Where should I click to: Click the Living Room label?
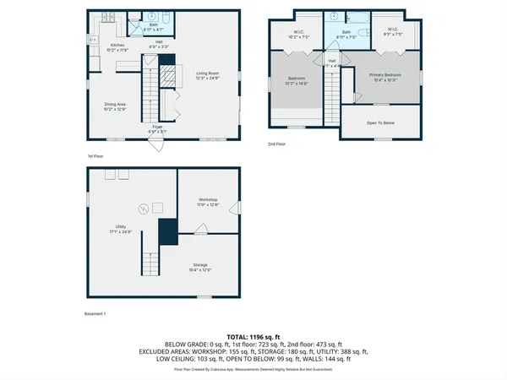point(207,75)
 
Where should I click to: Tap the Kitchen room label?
point(117,47)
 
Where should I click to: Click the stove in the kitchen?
point(107,18)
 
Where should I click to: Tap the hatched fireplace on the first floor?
point(168,75)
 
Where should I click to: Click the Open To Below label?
point(380,122)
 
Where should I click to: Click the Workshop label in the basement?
point(208,202)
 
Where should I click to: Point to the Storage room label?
point(199,267)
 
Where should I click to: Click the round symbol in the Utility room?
point(143,209)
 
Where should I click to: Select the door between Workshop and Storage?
point(200,229)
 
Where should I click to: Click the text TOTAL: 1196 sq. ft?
point(253,336)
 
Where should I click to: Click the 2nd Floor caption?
point(276,144)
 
